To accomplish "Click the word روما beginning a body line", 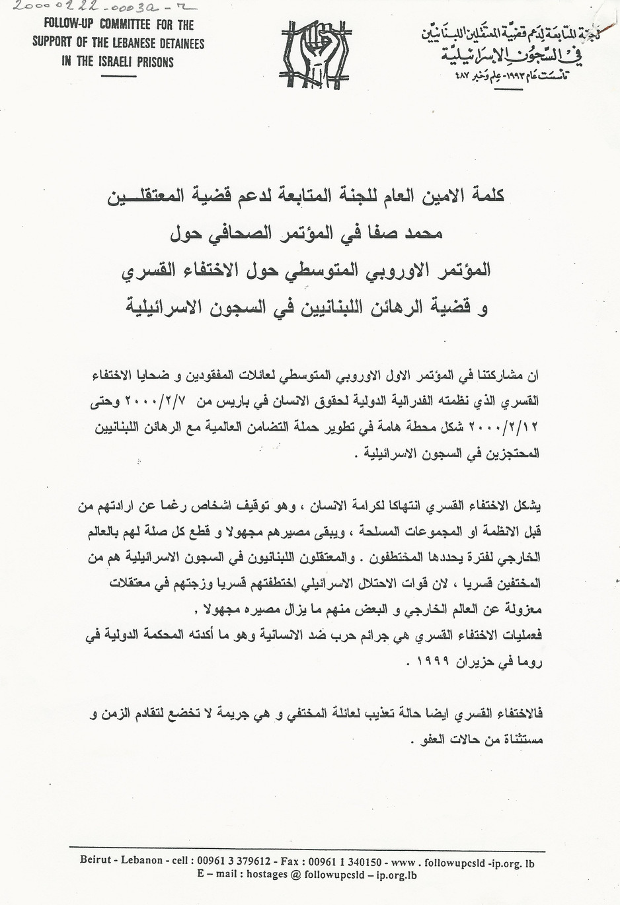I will (529, 663).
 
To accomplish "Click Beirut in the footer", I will (95, 861).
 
